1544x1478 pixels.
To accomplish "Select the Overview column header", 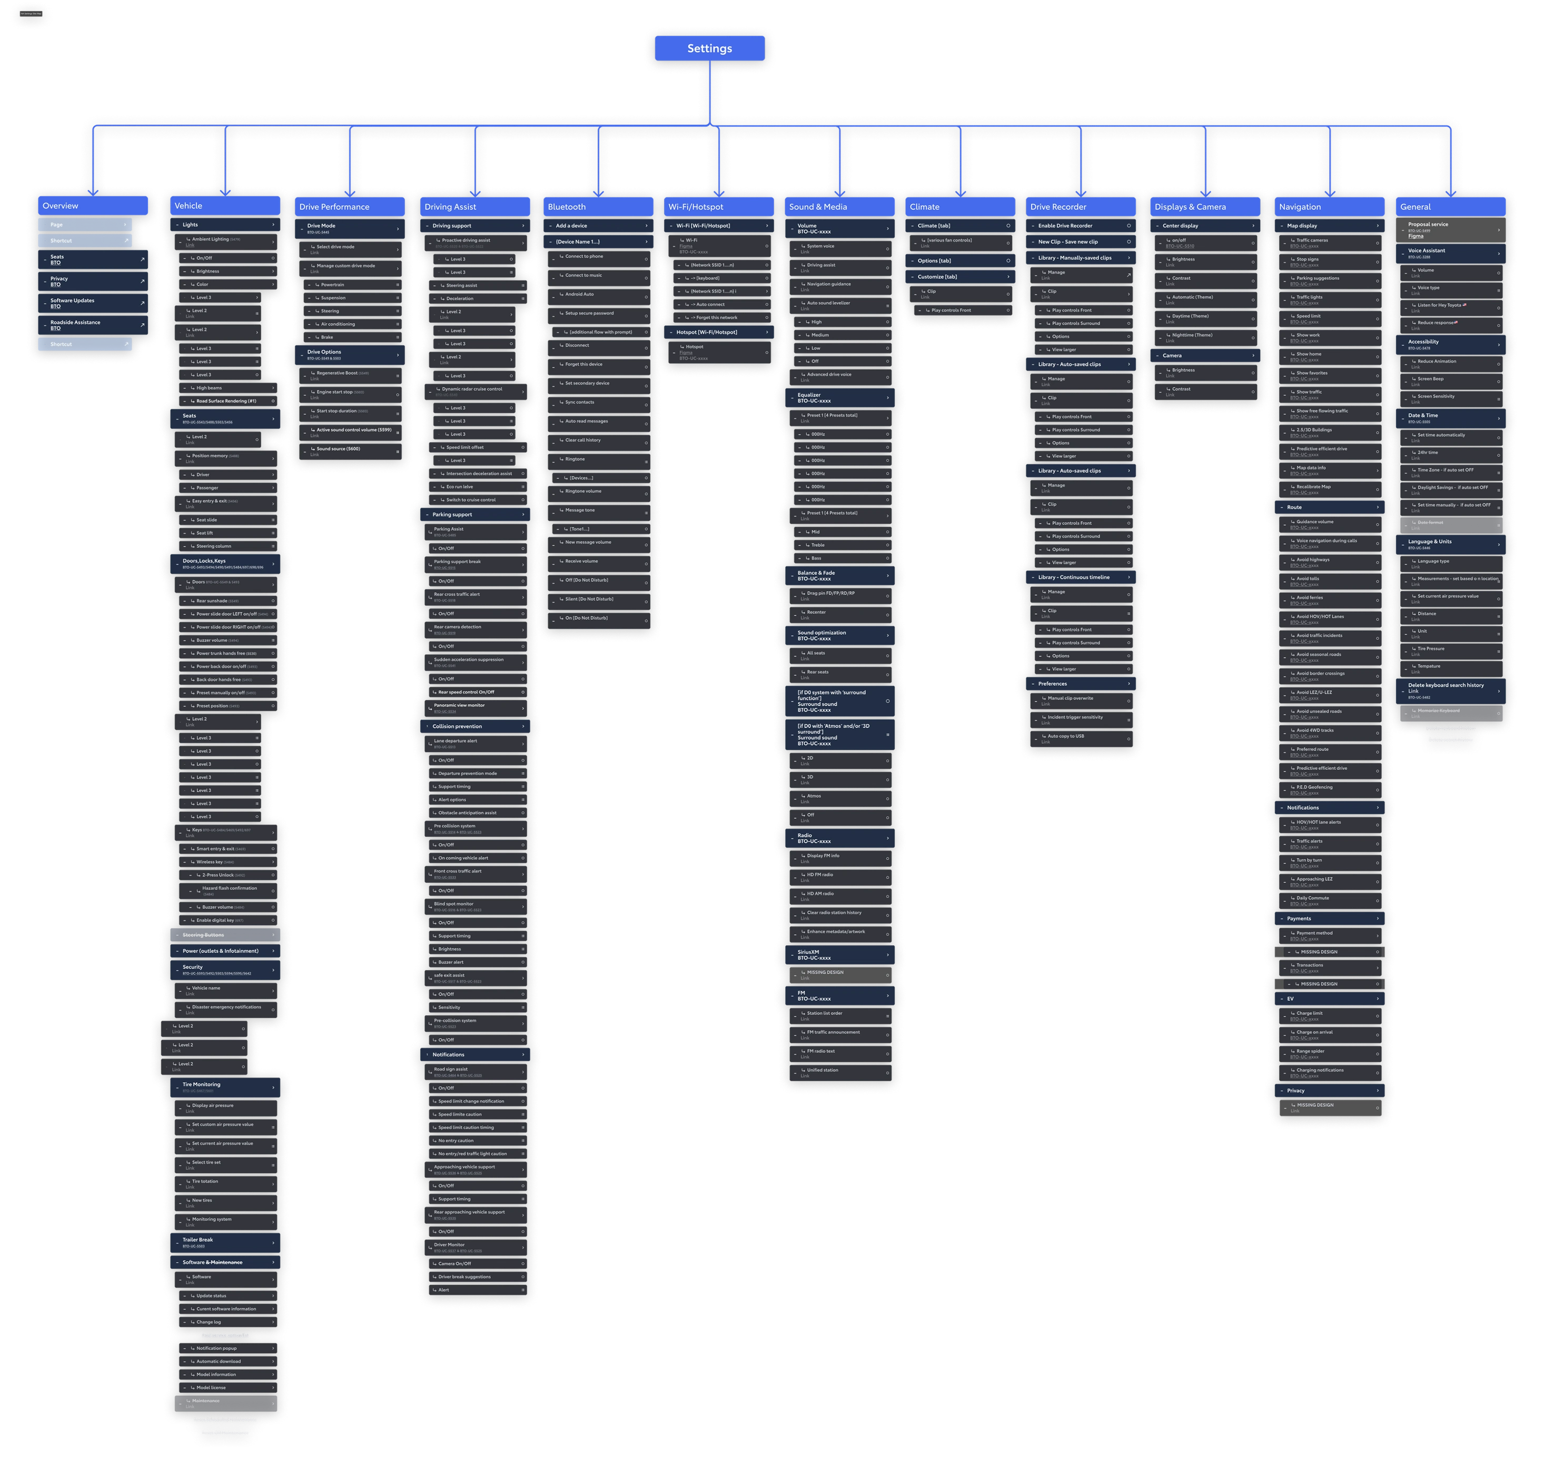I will tap(92, 205).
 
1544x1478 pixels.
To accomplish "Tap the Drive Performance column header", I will tap(350, 207).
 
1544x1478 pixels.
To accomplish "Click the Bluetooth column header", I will tap(598, 207).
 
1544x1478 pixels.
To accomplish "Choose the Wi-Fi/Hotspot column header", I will tap(718, 207).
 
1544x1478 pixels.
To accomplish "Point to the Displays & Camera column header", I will tap(1204, 207).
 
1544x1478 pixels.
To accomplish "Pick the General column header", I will tap(1450, 207).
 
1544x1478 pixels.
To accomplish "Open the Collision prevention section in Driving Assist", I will tap(475, 726).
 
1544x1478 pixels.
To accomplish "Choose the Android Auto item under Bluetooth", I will tap(598, 295).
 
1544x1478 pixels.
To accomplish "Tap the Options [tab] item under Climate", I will tap(961, 261).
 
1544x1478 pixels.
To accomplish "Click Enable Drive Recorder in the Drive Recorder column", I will tap(1081, 226).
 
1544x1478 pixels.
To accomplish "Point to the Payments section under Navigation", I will tap(1329, 918).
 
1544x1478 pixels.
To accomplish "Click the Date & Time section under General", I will tap(1450, 418).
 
